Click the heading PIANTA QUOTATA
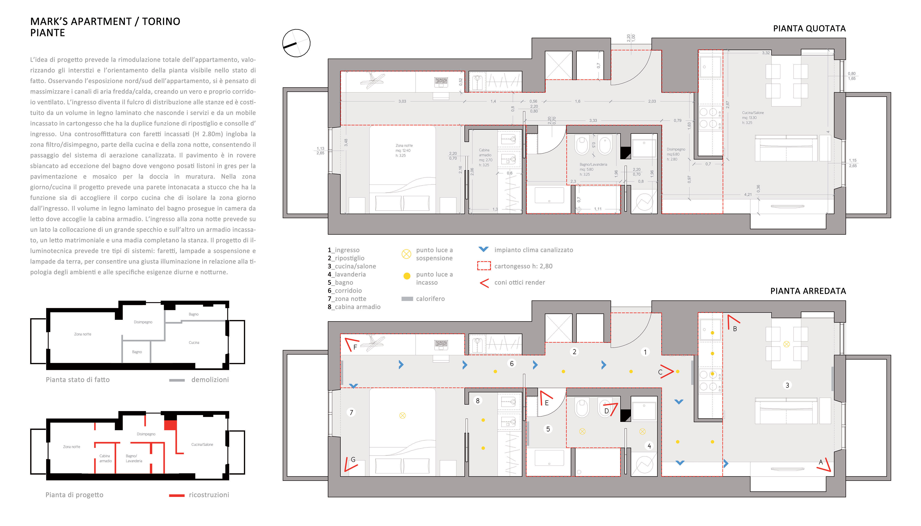pos(809,29)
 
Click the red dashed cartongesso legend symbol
pos(484,266)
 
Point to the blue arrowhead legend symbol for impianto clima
pos(483,249)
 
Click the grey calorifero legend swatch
pos(407,299)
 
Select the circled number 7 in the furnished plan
pos(351,412)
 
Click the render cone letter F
pos(355,347)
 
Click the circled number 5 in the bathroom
pos(548,429)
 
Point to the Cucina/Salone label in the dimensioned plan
pos(753,113)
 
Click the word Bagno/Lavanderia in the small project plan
pos(134,458)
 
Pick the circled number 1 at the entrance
pos(645,351)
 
